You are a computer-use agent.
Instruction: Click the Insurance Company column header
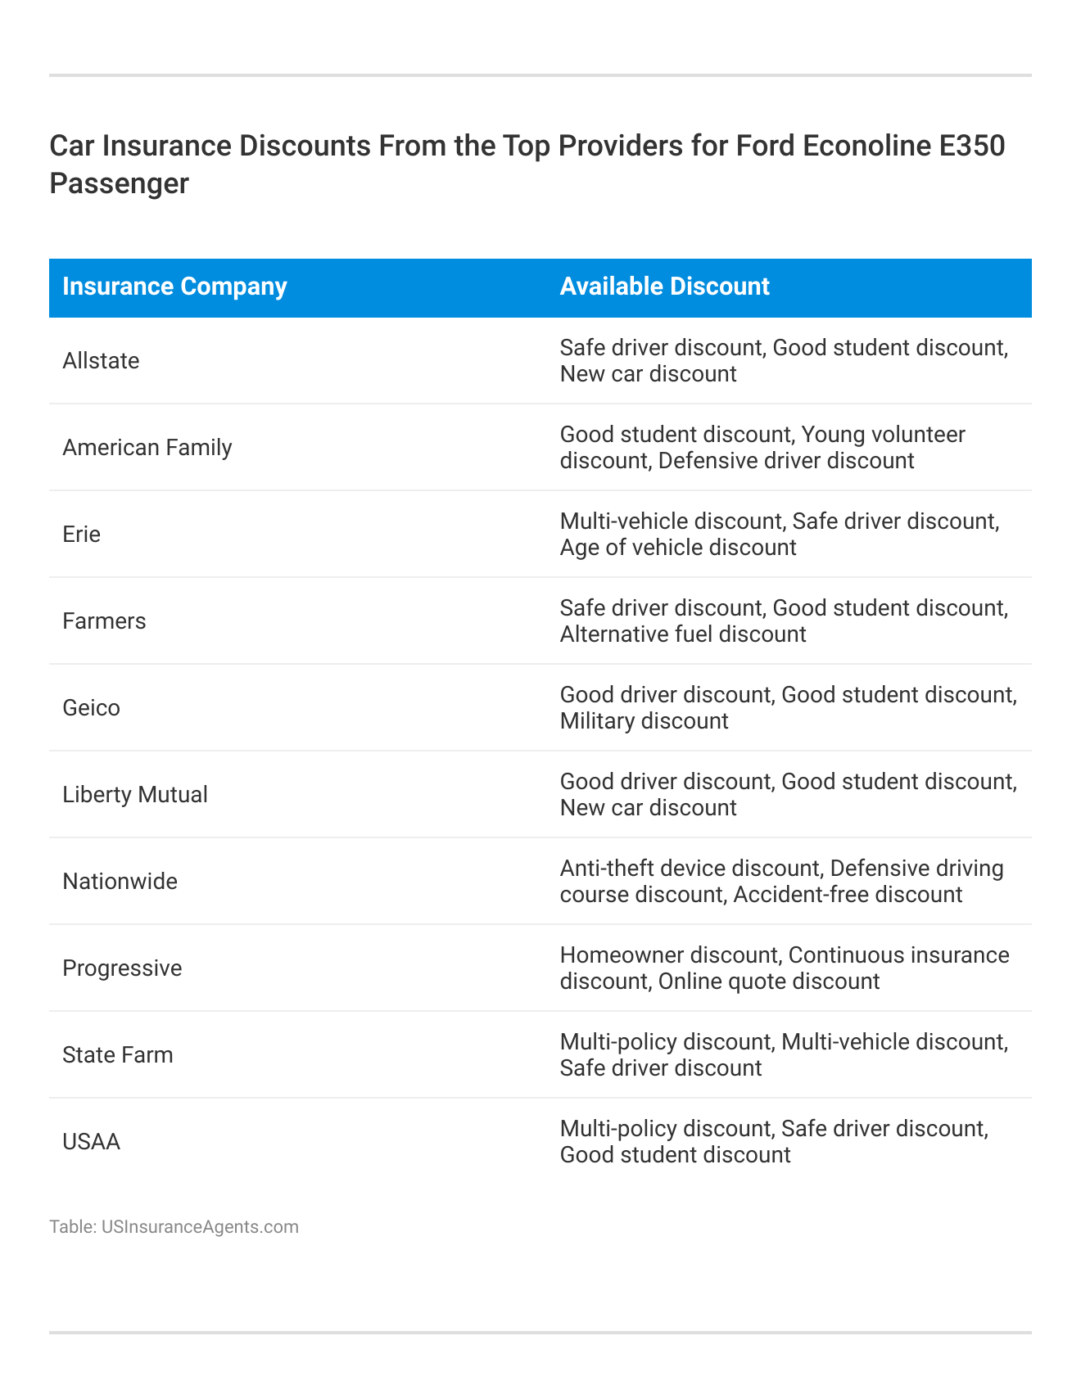point(174,287)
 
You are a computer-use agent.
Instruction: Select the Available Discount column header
point(664,287)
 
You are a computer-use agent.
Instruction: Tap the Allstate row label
point(101,361)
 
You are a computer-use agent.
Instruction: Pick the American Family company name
point(147,448)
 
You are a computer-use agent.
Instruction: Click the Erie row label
point(81,535)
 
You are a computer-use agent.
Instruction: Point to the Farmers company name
point(104,621)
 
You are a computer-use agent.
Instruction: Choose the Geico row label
point(91,708)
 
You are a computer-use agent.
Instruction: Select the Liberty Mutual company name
point(135,795)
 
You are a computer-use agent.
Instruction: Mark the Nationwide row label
point(120,882)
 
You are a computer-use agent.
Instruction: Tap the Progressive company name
point(122,968)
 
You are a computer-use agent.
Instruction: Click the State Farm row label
point(118,1055)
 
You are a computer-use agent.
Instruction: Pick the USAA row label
point(91,1142)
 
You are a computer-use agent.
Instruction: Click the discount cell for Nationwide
point(781,882)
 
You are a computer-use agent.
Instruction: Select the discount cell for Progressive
point(784,968)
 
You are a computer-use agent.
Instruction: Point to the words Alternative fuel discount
point(683,634)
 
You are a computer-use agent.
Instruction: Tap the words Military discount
point(644,721)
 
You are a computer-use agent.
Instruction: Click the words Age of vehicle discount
point(678,548)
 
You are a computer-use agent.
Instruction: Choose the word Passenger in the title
point(119,183)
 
